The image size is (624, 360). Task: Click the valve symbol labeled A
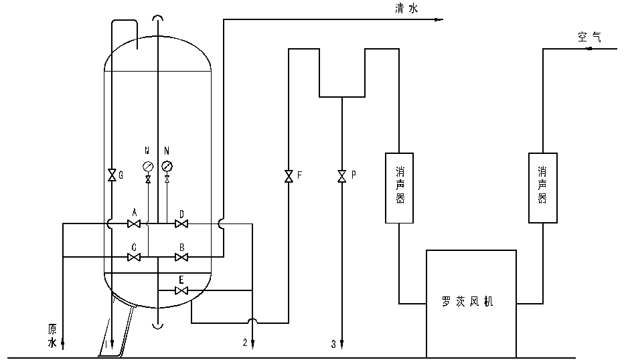coord(134,223)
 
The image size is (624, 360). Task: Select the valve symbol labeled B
coord(180,257)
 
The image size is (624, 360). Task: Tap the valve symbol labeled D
coord(180,223)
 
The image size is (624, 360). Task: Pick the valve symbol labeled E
coord(180,290)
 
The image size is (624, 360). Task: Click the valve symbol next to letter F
coord(289,177)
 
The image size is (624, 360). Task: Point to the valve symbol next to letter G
coord(111,175)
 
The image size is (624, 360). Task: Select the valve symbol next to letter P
coord(341,177)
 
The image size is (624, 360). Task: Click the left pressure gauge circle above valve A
coord(147,167)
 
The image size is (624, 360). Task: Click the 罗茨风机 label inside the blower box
coord(471,302)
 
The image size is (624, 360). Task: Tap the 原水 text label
coord(52,336)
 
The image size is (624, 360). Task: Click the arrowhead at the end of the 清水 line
coord(439,19)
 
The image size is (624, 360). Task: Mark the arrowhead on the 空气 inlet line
coord(590,49)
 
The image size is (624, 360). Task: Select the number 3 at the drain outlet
coord(333,345)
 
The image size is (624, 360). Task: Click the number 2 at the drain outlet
coord(245,343)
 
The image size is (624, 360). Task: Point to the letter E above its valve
coord(181,280)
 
